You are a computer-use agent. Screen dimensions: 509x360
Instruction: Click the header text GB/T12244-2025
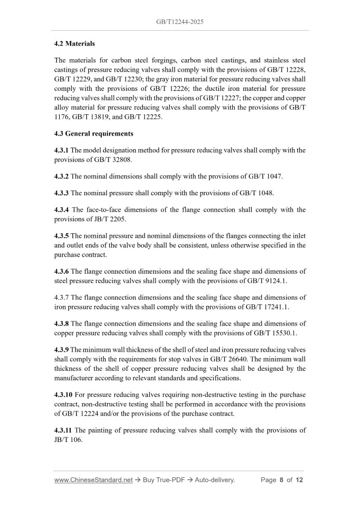coord(180,22)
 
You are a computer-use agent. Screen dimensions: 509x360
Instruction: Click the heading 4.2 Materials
coord(74,44)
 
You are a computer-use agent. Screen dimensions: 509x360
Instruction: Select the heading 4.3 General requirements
coord(94,133)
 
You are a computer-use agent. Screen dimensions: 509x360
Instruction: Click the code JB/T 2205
coord(107,219)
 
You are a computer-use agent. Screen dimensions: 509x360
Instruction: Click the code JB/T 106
coord(69,439)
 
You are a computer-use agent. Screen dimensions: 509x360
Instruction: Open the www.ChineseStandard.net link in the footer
coord(94,480)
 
